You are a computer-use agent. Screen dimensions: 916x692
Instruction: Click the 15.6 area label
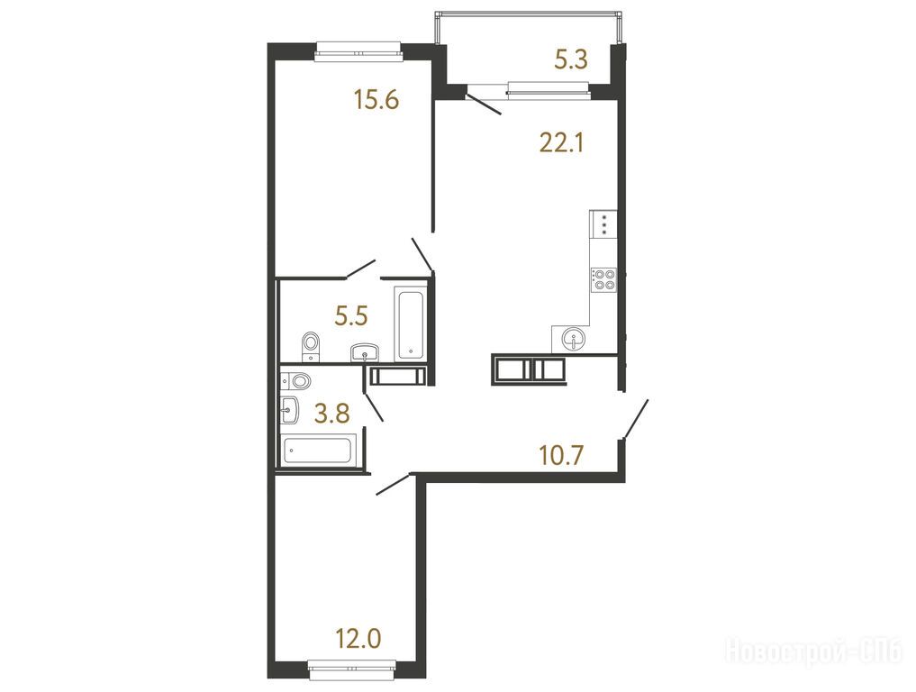pyautogui.click(x=376, y=99)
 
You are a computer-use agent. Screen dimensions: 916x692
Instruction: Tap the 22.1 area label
pyautogui.click(x=561, y=142)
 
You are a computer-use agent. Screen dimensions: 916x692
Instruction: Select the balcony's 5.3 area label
pyautogui.click(x=571, y=59)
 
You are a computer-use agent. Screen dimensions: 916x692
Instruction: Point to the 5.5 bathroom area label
pyautogui.click(x=350, y=316)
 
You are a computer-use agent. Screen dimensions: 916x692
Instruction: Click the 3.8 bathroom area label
pyautogui.click(x=331, y=414)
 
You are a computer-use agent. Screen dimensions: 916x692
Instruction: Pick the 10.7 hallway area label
pyautogui.click(x=561, y=455)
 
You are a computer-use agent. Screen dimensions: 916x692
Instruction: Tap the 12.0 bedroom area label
pyautogui.click(x=358, y=638)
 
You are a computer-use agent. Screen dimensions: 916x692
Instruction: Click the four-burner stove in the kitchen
pyautogui.click(x=603, y=278)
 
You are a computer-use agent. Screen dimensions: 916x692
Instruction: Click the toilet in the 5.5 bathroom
pyautogui.click(x=310, y=347)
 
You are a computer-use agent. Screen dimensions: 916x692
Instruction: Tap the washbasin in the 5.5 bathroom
pyautogui.click(x=365, y=352)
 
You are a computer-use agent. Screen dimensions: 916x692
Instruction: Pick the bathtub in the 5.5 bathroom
pyautogui.click(x=411, y=323)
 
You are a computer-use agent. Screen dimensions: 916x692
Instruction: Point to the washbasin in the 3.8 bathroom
pyautogui.click(x=290, y=409)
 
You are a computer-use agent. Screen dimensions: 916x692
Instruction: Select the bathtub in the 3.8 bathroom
pyautogui.click(x=317, y=451)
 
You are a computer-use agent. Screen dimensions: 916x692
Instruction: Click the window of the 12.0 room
pyautogui.click(x=352, y=669)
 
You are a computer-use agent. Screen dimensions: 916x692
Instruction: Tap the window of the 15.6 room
pyautogui.click(x=358, y=51)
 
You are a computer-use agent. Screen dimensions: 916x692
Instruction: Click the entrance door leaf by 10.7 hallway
pyautogui.click(x=636, y=418)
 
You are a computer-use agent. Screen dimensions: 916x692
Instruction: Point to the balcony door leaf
pyautogui.click(x=485, y=103)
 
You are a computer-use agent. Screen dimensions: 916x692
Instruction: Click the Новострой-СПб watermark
pyautogui.click(x=813, y=651)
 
